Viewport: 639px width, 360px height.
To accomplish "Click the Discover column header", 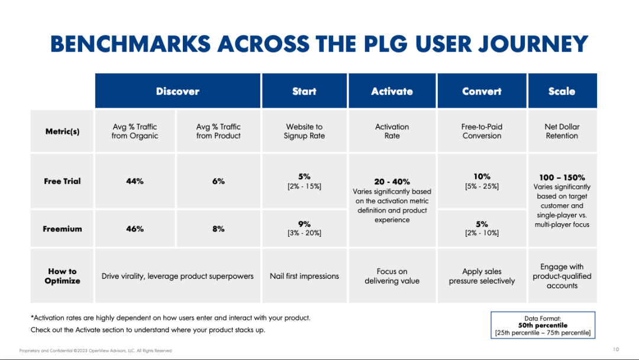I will click(x=177, y=91).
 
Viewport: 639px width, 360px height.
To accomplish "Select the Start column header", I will click(x=304, y=91).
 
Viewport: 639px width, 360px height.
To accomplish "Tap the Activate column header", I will click(x=392, y=91).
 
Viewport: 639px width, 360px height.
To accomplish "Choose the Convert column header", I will click(x=482, y=91).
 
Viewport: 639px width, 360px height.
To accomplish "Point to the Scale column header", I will click(x=561, y=91).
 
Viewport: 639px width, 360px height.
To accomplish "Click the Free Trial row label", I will click(x=62, y=181).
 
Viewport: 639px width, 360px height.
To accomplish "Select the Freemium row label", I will click(x=62, y=229).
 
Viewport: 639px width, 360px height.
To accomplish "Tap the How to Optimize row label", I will click(x=62, y=276).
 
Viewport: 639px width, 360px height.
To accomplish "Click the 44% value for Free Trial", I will click(x=135, y=181).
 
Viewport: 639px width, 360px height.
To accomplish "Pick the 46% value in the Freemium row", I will click(x=135, y=229).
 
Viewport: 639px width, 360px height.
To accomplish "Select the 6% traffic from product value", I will click(x=218, y=181).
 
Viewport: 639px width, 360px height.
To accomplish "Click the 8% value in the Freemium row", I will click(x=218, y=229).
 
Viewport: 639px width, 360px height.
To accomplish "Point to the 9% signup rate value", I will click(x=304, y=224).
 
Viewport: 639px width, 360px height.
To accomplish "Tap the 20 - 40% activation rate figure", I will click(x=392, y=182).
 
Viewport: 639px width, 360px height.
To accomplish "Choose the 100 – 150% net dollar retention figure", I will click(x=561, y=178).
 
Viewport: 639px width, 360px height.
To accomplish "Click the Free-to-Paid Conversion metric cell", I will click(x=482, y=131).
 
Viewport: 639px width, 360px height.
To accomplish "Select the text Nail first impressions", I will click(x=304, y=276).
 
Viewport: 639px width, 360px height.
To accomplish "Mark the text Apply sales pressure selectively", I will click(x=482, y=276).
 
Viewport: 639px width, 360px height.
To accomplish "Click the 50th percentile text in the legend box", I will click(x=543, y=325).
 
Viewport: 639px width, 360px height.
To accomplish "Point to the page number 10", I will click(x=616, y=349).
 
